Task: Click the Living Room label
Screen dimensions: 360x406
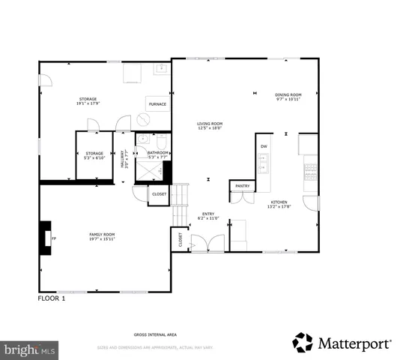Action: tap(210, 125)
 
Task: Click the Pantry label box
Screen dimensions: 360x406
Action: tap(242, 186)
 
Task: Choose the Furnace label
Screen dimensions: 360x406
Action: tap(157, 104)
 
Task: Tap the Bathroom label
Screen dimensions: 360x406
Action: tap(158, 154)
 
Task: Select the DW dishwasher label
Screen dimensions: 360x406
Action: tap(264, 146)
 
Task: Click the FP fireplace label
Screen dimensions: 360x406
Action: tap(54, 238)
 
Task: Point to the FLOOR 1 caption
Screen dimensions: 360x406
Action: tap(52, 298)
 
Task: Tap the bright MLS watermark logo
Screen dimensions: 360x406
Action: tap(29, 349)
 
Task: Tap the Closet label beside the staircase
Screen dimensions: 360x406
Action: tap(160, 194)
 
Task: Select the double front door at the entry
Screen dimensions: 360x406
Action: tap(202, 244)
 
